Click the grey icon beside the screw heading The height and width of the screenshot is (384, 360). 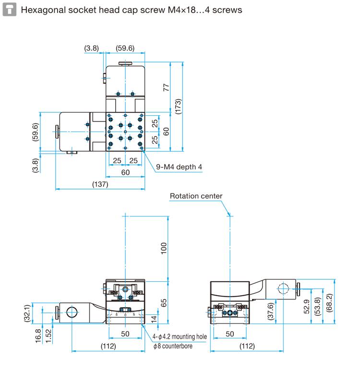click(9, 10)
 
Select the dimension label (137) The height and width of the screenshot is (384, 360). click(100, 184)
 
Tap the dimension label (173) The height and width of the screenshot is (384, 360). click(178, 106)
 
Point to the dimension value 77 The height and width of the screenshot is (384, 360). click(166, 87)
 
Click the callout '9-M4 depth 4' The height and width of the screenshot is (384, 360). click(179, 167)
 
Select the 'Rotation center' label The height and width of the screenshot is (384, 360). click(196, 196)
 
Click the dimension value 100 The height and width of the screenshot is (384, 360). click(164, 248)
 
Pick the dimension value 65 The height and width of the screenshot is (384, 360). click(163, 303)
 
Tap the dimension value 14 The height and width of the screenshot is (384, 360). click(154, 319)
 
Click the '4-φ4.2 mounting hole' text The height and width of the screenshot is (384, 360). click(180, 337)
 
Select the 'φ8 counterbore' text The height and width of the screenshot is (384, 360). click(173, 346)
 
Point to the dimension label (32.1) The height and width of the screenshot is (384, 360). click(27, 313)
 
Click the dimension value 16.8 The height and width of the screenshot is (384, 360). click(38, 336)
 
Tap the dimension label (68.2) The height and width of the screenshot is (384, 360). click(330, 303)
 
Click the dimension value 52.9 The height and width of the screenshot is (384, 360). click(307, 307)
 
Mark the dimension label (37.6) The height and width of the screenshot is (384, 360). click(270, 311)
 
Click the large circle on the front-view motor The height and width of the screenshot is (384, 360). click(72, 312)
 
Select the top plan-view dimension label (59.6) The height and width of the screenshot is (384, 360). click(125, 48)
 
